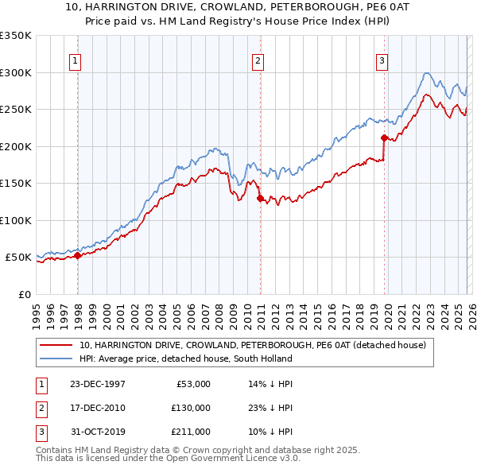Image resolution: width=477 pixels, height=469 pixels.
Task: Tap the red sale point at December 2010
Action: point(259,199)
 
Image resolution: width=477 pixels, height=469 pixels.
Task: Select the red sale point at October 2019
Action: point(384,138)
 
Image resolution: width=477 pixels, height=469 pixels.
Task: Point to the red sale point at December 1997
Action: point(78,255)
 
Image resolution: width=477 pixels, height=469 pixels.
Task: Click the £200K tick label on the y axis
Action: point(15,146)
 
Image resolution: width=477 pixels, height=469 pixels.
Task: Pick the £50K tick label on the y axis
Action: point(18,258)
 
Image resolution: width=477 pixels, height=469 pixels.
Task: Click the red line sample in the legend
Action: point(55,345)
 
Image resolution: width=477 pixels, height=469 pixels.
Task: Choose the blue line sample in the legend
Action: point(55,359)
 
